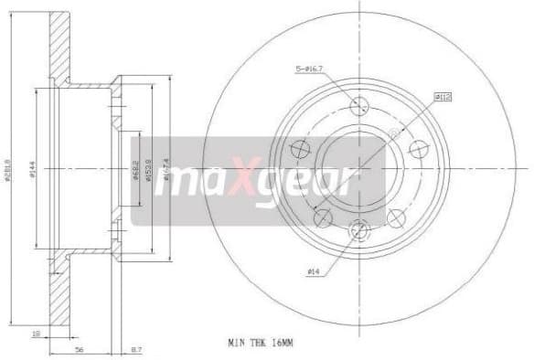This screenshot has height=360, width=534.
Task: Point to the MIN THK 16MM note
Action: (264, 342)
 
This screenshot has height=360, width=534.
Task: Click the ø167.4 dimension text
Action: (166, 169)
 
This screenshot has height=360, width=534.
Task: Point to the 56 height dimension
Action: (80, 348)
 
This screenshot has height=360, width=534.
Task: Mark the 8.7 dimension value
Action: (136, 348)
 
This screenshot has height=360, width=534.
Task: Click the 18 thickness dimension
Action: (36, 334)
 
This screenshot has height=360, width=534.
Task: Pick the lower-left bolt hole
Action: (321, 217)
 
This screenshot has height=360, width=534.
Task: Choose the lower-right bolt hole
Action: (395, 217)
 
